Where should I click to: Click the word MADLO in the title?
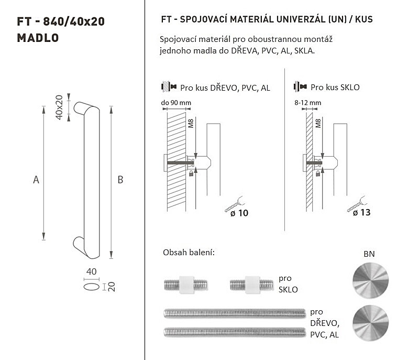38,38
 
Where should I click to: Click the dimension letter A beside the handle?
36,180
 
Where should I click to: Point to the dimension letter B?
120,180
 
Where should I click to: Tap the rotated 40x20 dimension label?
59,107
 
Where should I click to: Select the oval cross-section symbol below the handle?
91,287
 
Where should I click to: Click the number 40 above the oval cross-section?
91,271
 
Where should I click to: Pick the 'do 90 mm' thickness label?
176,103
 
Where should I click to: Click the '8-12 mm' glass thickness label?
308,103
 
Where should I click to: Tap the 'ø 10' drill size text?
239,213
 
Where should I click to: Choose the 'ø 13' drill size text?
361,212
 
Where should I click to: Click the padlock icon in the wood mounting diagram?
191,173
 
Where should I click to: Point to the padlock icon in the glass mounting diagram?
318,173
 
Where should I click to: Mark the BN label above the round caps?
369,254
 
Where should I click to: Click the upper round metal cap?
371,280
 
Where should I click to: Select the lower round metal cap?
371,323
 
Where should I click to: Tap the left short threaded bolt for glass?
186,285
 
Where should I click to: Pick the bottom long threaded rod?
235,332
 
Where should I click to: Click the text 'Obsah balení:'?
189,252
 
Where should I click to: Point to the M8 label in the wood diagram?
191,124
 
